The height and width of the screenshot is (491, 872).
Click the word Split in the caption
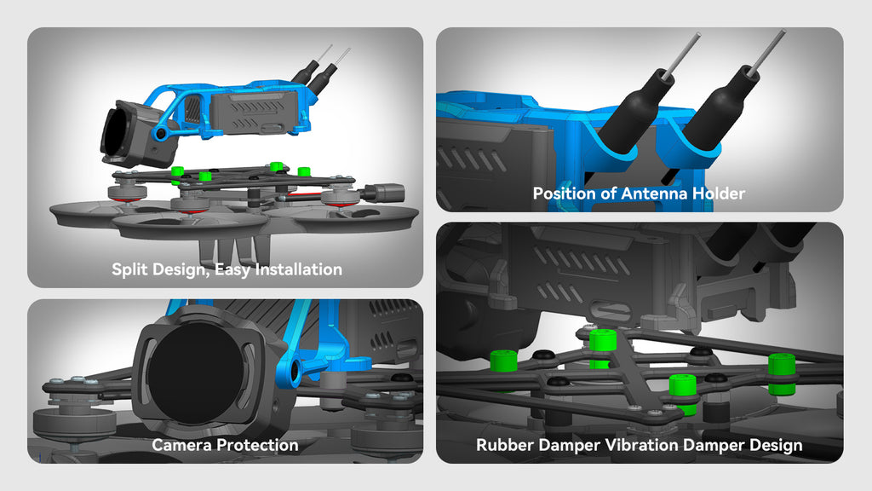tap(129, 269)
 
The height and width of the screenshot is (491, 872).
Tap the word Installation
tap(299, 269)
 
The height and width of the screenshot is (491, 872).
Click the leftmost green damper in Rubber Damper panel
tap(504, 361)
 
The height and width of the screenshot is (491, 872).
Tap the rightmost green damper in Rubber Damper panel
tap(782, 373)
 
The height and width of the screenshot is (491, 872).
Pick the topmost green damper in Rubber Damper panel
tap(602, 347)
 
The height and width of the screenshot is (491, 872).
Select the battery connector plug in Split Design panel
tap(383, 194)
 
